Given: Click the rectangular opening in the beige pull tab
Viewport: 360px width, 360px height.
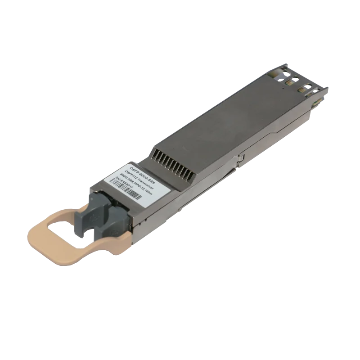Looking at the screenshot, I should click(x=72, y=226).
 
